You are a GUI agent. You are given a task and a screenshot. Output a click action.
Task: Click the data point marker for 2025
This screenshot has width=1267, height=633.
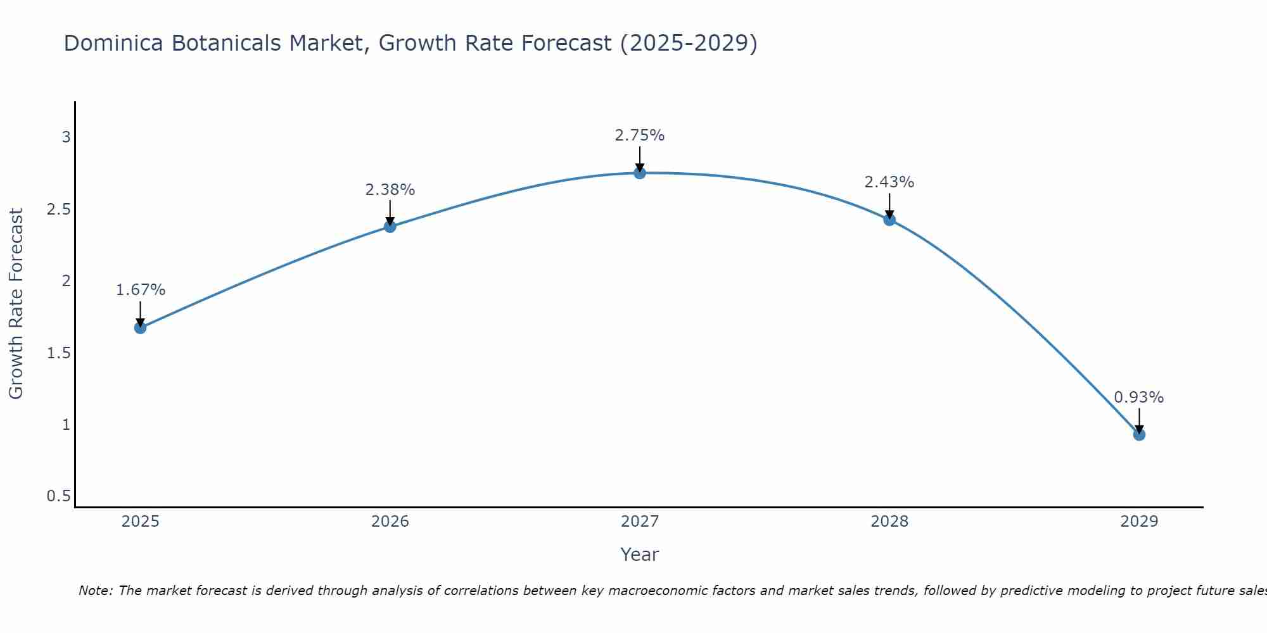pos(141,327)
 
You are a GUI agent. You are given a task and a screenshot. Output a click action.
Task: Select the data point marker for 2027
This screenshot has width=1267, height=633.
pos(640,173)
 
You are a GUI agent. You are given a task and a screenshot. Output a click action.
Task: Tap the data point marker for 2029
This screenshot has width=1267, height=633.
pos(1139,434)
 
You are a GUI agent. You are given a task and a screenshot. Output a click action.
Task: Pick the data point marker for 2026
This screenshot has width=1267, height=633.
pos(390,226)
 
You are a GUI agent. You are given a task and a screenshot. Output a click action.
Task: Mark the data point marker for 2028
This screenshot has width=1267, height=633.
pos(889,220)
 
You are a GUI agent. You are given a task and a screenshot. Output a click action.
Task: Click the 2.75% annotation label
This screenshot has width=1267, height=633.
pos(640,135)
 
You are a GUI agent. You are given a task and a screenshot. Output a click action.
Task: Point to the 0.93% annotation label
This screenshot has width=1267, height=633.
pos(1139,398)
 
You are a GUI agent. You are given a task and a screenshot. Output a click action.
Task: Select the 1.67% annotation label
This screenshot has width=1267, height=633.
pos(141,290)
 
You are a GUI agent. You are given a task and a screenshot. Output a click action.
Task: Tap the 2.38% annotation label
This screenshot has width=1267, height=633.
pos(390,189)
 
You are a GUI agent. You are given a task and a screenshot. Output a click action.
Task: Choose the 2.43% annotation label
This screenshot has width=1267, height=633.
pos(889,182)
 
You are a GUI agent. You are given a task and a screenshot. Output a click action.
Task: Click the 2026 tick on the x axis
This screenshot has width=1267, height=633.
pos(390,522)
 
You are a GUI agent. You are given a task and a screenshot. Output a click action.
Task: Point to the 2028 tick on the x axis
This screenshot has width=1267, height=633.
pos(889,522)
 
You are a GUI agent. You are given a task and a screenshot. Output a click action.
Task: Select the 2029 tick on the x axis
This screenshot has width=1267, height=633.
pos(1139,522)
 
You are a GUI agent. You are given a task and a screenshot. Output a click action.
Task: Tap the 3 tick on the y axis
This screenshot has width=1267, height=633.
pos(66,137)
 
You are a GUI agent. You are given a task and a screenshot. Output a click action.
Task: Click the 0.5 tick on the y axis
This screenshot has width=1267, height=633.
pos(59,496)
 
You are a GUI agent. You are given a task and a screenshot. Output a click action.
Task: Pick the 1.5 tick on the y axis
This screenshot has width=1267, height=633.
pos(59,353)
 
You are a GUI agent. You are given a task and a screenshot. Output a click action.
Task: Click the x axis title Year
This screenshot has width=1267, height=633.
pos(640,555)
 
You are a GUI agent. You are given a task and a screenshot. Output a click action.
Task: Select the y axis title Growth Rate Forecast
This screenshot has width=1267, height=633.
pos(16,304)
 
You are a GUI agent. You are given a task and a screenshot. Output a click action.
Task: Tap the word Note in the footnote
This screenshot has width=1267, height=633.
pos(95,591)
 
